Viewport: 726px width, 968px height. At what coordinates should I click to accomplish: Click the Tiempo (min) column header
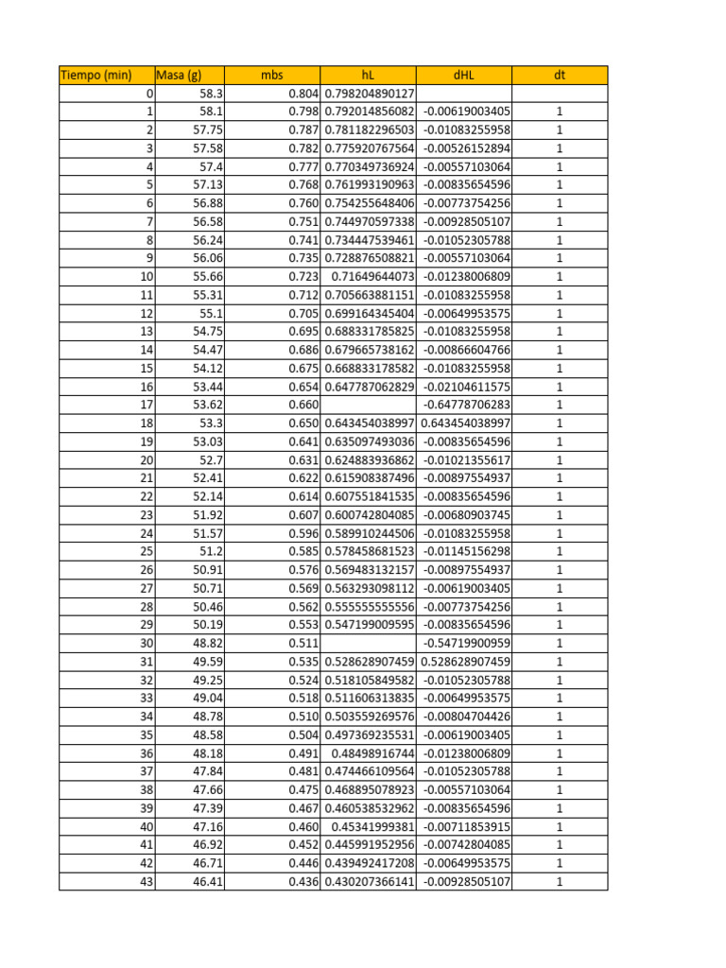point(95,76)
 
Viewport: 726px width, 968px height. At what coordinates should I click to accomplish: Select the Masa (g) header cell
point(179,76)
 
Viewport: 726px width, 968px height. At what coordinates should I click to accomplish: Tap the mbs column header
point(273,76)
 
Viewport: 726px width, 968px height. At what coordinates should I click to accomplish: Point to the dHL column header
point(464,76)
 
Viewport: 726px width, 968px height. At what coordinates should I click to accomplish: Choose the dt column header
point(560,76)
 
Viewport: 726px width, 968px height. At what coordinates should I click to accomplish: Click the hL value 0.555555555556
point(370,606)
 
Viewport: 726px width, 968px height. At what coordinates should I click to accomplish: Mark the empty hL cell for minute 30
point(370,643)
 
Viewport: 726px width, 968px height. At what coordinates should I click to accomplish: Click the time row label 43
point(146,881)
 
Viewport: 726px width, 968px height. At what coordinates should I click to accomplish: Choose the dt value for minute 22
point(560,496)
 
